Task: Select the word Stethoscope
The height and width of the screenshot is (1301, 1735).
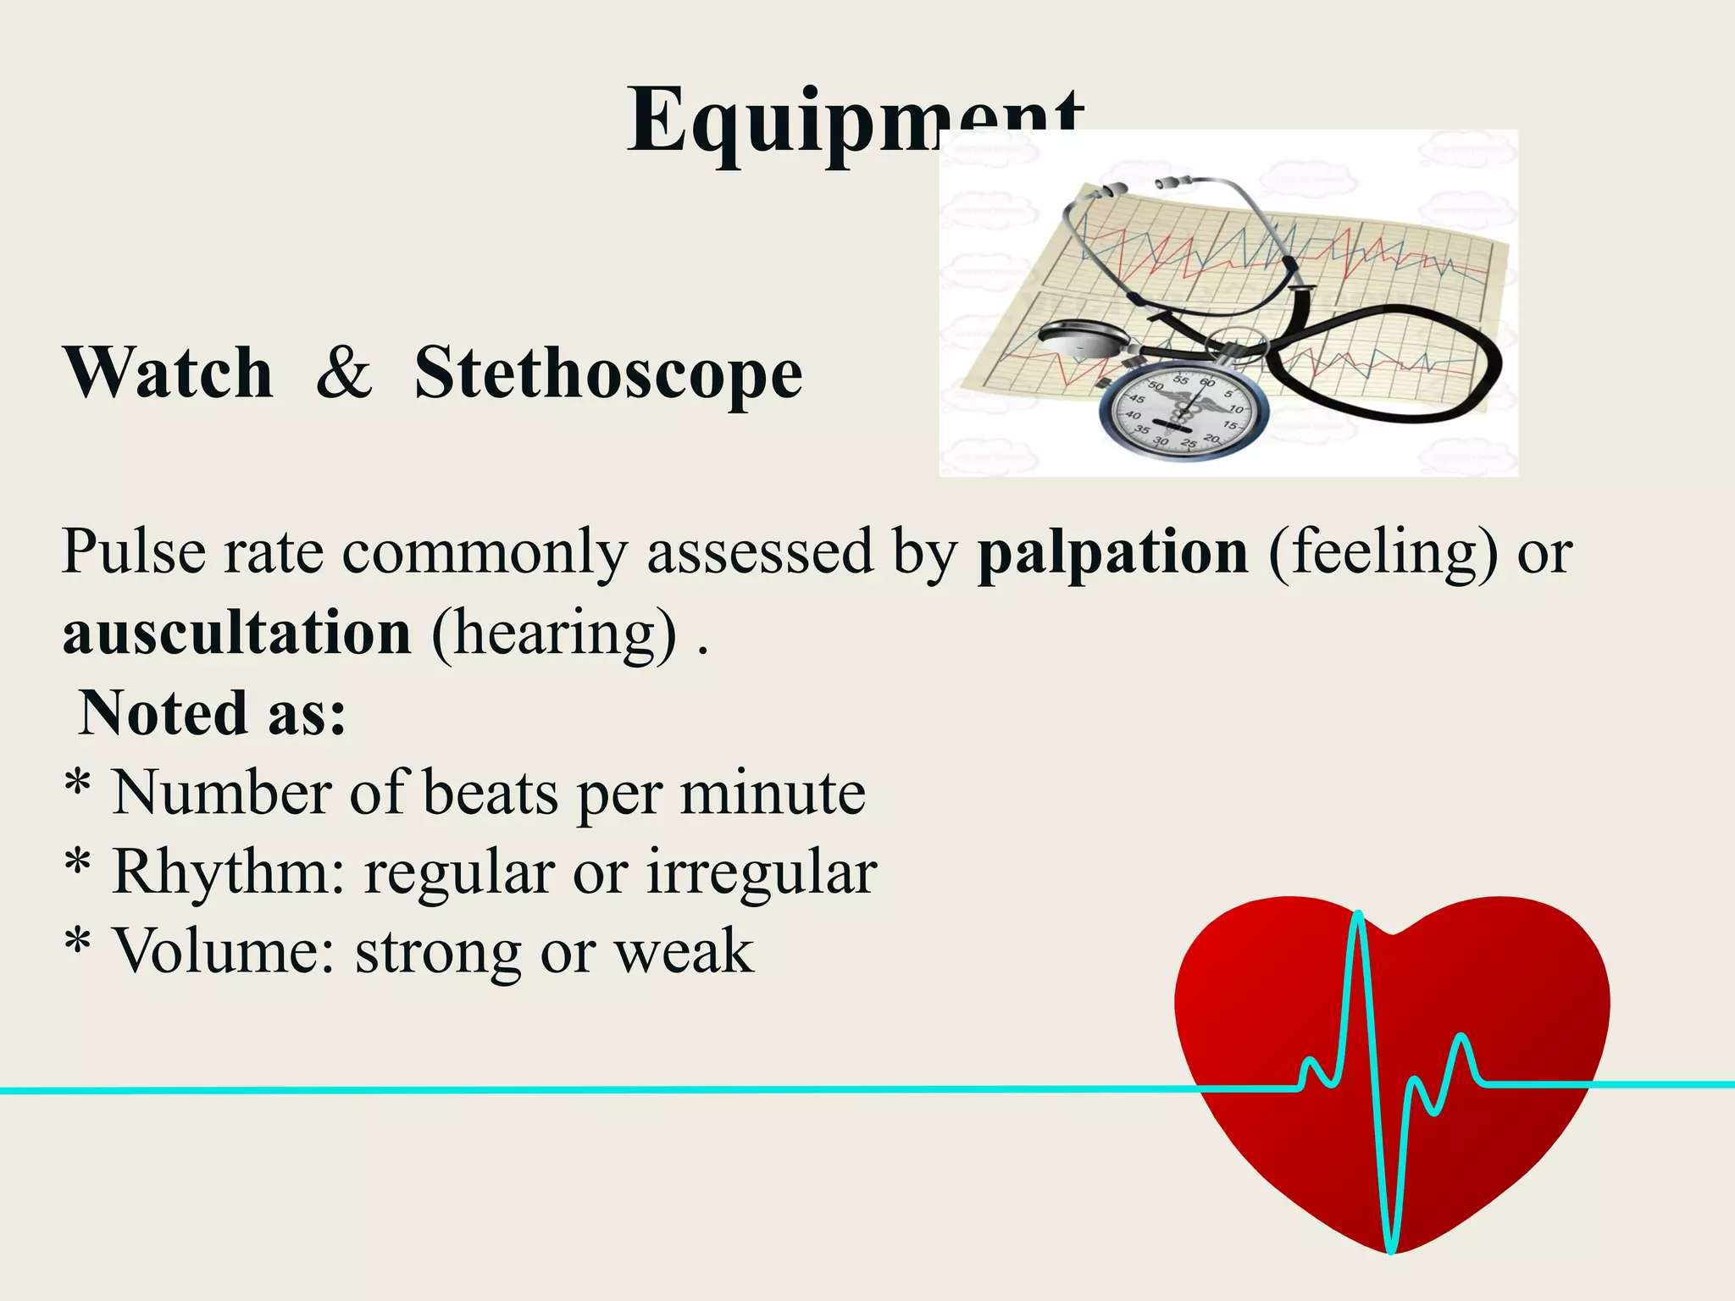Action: coord(608,374)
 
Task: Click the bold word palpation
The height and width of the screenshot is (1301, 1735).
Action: coord(1112,553)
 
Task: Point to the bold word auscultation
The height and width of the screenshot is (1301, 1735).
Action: coord(237,633)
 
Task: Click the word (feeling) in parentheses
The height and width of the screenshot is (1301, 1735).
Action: coord(1383,553)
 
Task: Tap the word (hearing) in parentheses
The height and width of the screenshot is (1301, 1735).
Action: coord(555,634)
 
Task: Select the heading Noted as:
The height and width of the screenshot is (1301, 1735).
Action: coord(212,713)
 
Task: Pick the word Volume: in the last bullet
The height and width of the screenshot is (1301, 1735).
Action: coord(224,951)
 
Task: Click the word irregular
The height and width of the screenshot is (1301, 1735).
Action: coord(762,872)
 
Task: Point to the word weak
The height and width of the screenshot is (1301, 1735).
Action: coord(684,951)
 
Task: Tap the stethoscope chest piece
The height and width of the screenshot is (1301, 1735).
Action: coord(1080,340)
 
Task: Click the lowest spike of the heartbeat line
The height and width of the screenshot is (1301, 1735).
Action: coord(1390,1249)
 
